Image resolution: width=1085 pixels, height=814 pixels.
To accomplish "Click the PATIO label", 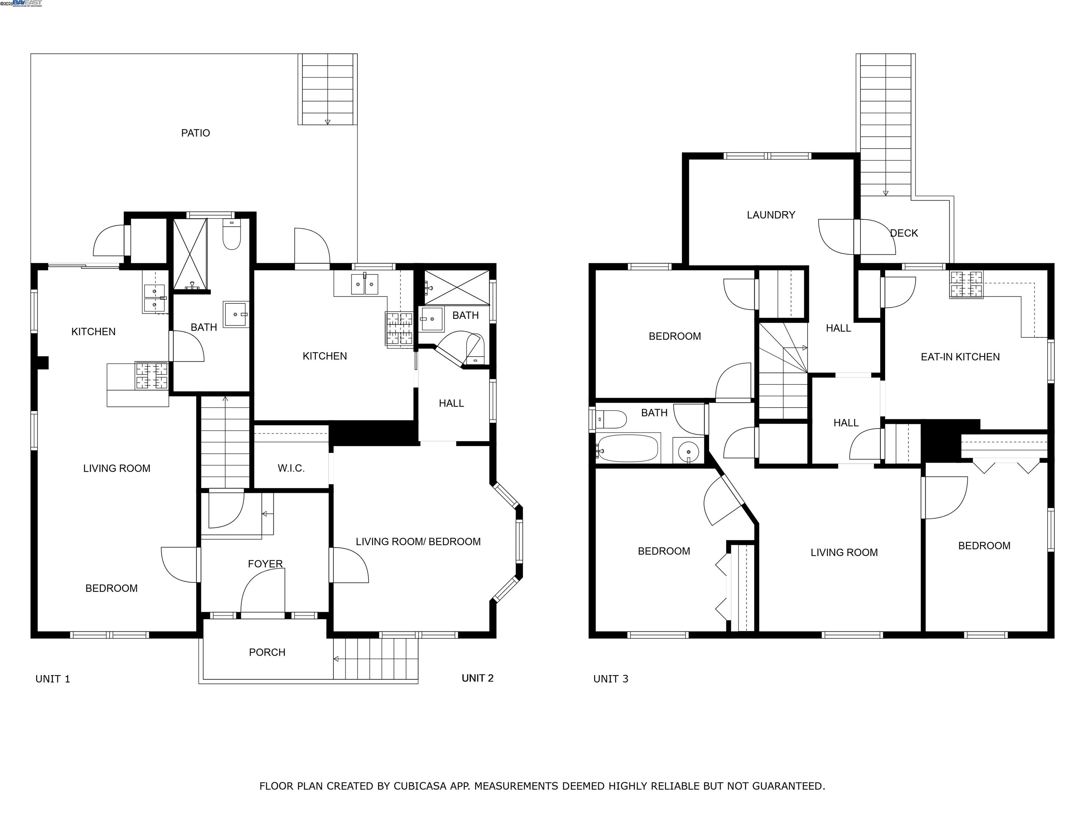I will click(195, 133).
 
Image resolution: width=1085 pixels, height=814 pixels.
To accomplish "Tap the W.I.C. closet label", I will click(291, 468).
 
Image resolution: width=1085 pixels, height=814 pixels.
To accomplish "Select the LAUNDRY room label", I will click(771, 215).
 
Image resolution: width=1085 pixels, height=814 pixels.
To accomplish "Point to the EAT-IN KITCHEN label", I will click(960, 357).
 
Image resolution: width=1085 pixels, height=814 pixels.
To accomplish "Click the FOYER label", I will click(265, 564).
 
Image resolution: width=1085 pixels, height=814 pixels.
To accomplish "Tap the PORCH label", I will click(267, 652).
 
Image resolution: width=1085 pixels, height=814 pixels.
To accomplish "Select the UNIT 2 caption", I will click(477, 678).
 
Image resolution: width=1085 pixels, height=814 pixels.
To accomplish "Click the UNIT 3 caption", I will click(610, 679).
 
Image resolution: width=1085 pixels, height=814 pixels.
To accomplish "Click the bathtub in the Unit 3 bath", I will click(628, 448).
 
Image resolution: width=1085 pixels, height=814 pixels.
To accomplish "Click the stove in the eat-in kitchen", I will click(966, 284).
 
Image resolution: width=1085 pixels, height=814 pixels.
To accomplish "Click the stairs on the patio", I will click(327, 89).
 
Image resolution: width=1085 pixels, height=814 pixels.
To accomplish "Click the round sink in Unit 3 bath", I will click(689, 450).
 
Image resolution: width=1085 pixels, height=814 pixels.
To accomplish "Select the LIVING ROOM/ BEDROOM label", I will click(418, 542).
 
